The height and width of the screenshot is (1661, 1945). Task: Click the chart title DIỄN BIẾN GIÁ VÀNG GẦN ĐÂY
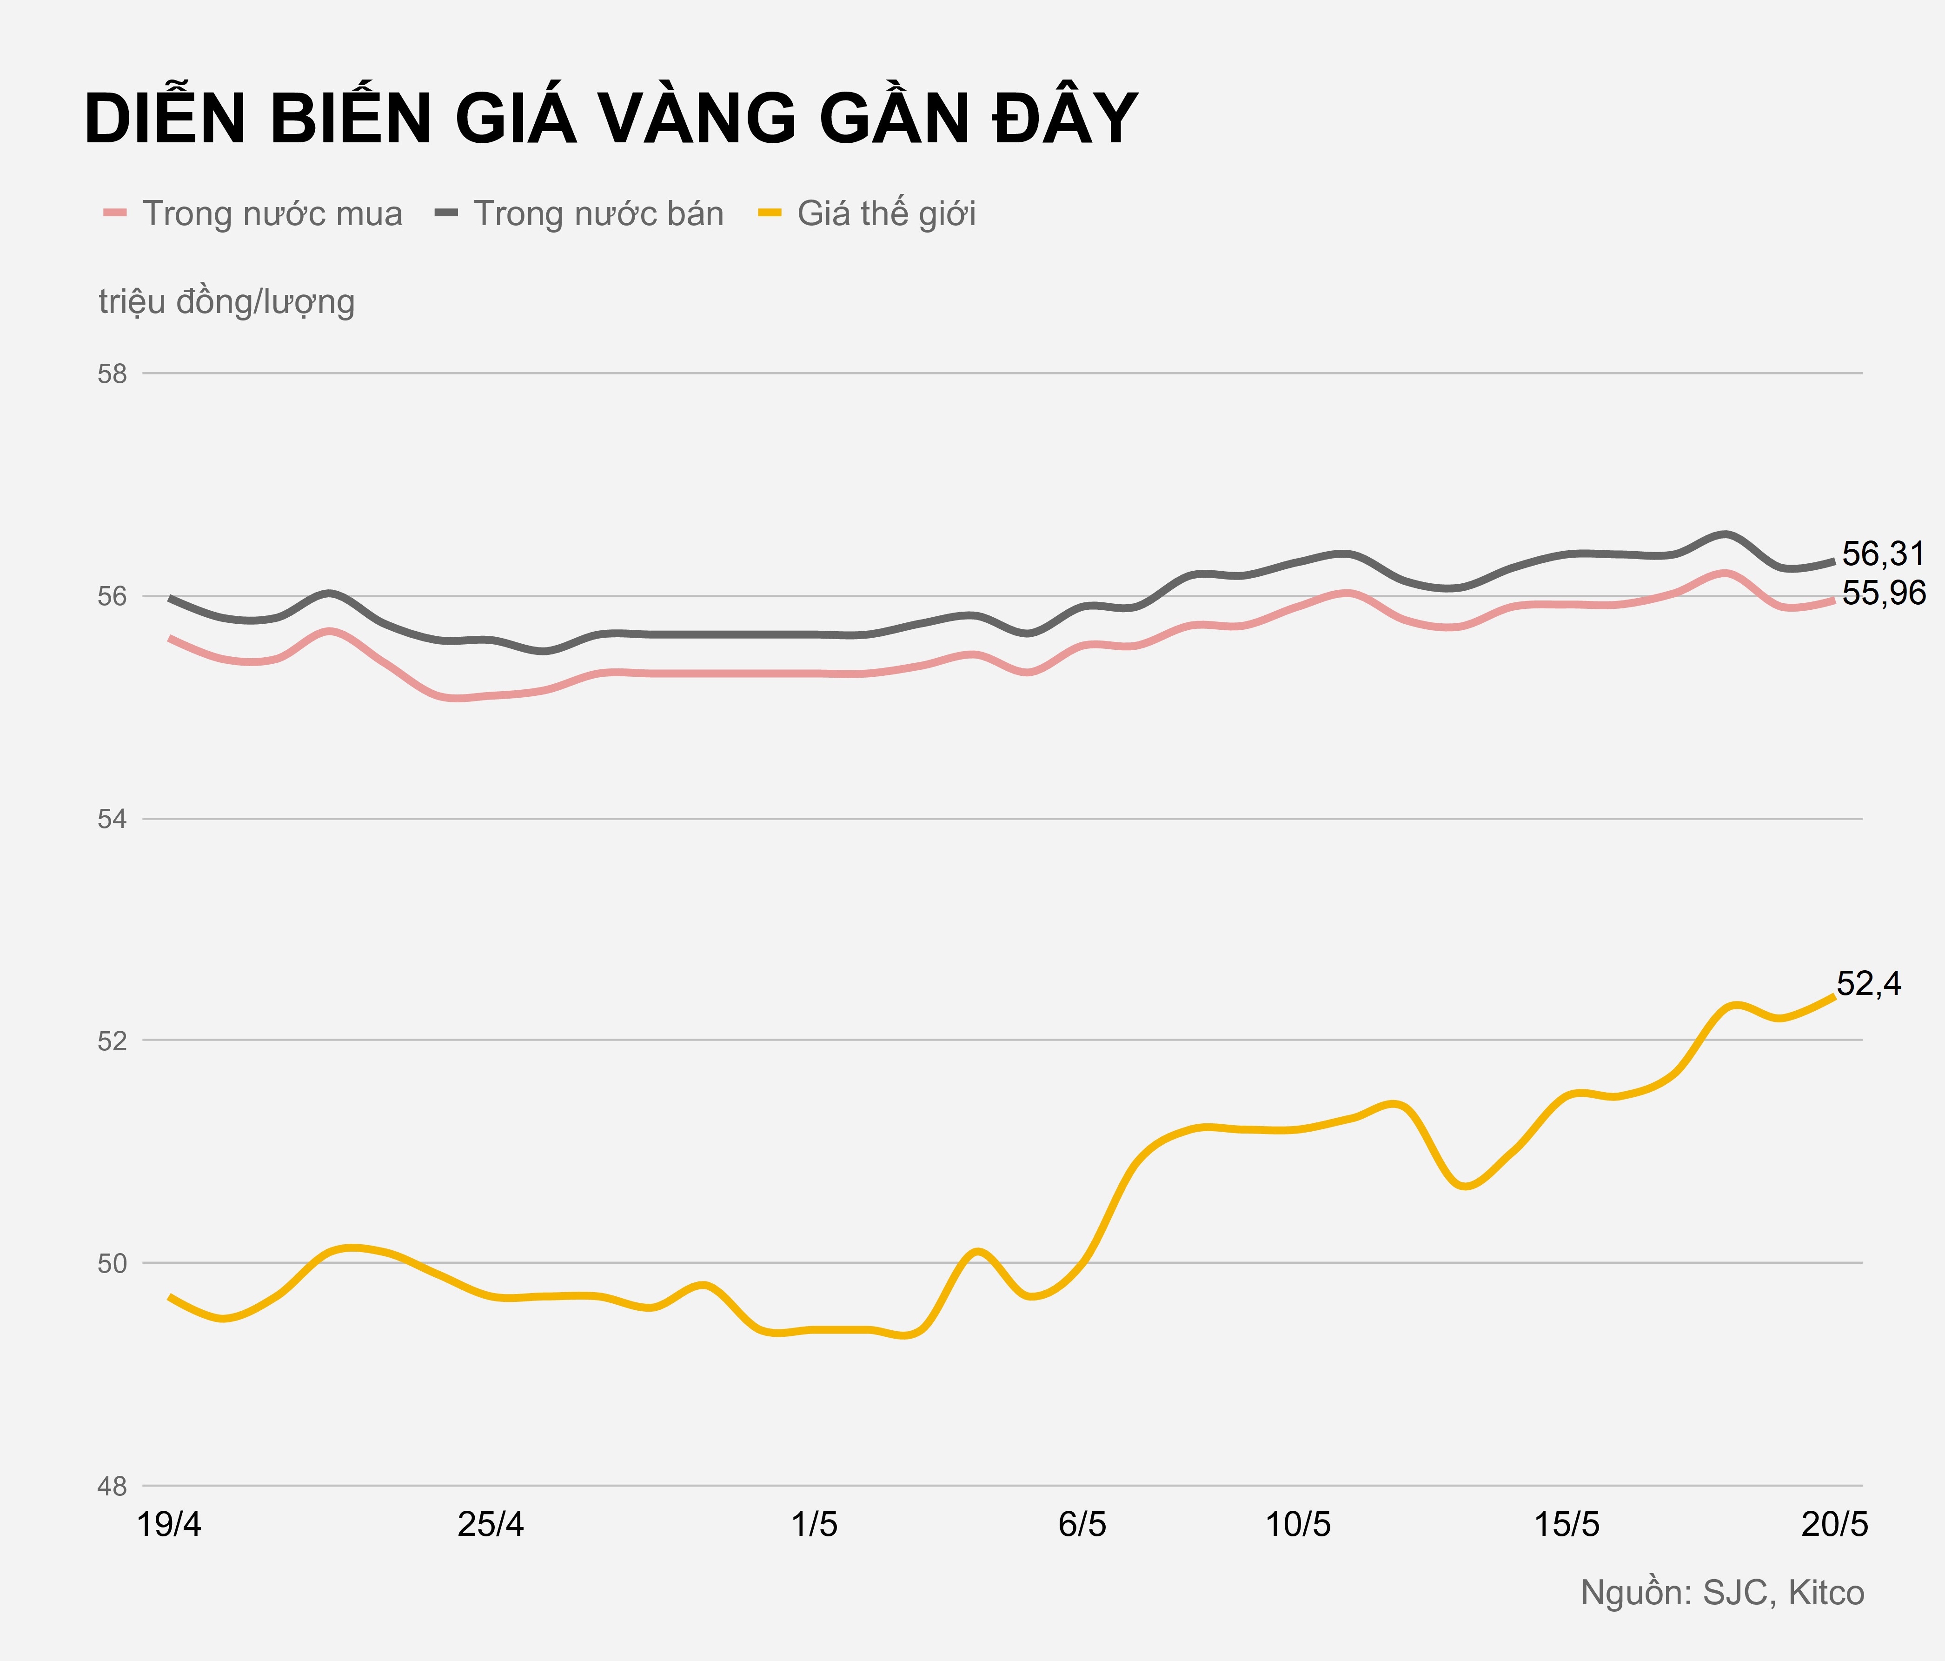click(x=610, y=119)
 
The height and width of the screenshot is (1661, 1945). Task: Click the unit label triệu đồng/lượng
click(x=226, y=302)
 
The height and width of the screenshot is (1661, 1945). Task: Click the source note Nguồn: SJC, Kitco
click(x=1722, y=1594)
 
